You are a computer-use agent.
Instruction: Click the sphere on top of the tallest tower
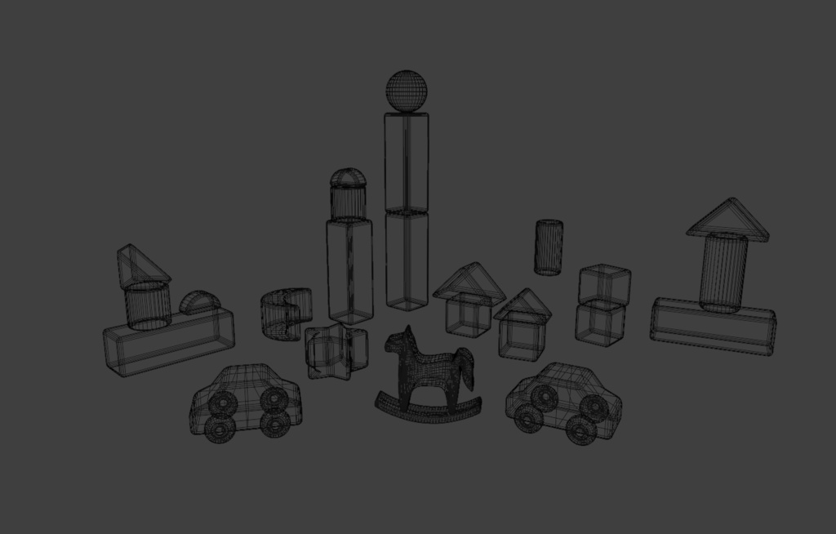point(407,90)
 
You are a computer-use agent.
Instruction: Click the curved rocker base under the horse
point(429,408)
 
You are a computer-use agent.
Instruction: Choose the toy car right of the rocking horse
point(563,402)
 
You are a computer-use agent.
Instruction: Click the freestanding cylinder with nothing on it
point(549,247)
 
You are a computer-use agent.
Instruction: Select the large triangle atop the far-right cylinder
point(727,219)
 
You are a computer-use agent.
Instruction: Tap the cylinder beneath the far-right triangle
point(723,272)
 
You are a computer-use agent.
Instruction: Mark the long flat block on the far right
point(713,326)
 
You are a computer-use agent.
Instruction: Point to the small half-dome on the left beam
point(198,303)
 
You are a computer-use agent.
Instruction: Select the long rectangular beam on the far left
point(168,341)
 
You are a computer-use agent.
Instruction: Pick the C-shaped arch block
point(284,314)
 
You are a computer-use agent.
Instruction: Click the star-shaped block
point(335,350)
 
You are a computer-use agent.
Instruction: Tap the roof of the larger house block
point(469,282)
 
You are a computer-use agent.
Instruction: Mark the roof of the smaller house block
point(522,305)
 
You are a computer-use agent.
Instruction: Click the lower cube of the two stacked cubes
point(600,322)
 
